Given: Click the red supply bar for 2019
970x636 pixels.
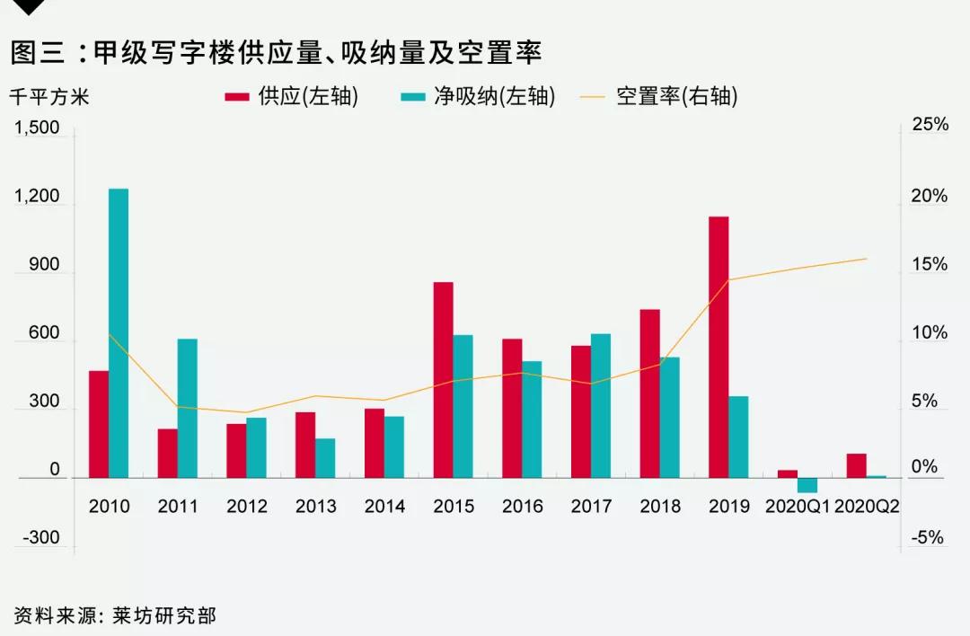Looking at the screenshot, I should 718,347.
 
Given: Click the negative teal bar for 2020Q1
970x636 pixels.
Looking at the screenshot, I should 807,485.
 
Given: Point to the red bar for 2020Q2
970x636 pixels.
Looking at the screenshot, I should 856,465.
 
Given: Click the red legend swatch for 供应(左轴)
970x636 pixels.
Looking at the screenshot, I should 236,97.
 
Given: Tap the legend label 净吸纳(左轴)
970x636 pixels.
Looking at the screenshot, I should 494,97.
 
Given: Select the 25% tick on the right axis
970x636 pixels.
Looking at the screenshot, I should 930,125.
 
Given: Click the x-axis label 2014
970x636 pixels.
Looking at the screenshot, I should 384,507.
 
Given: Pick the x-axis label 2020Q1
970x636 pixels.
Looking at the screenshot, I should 798,507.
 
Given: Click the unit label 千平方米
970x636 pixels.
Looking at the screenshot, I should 49,97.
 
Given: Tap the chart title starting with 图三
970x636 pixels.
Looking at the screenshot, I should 275,52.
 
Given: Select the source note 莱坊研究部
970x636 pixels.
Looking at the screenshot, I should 165,615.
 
